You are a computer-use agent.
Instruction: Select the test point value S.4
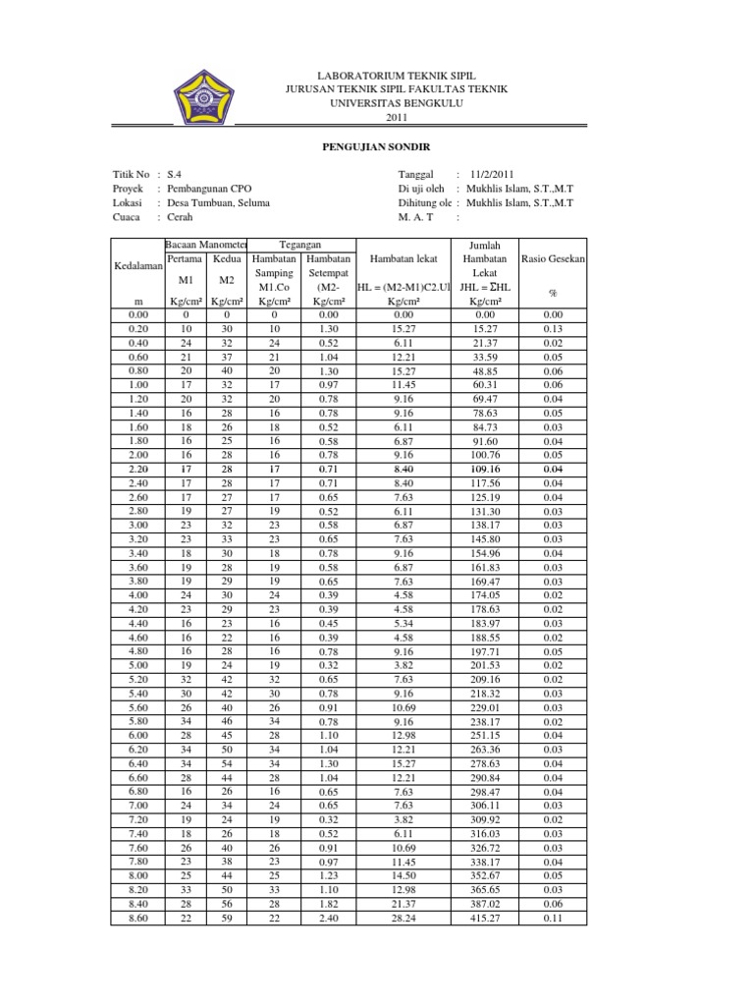(x=176, y=172)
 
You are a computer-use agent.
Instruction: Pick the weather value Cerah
(x=181, y=219)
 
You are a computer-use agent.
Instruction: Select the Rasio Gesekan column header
(x=553, y=259)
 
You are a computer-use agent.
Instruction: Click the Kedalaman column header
(x=136, y=266)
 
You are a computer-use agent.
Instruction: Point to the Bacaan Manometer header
(x=206, y=244)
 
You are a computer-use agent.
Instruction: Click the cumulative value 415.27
(x=484, y=919)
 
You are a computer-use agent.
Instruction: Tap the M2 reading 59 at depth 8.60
(x=226, y=919)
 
